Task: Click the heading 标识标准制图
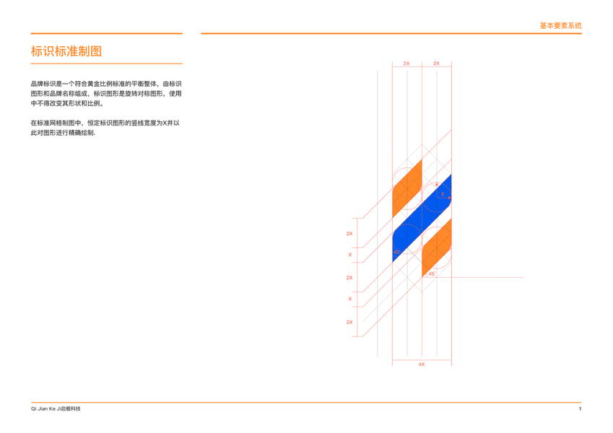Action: [66, 51]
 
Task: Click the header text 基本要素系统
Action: [560, 26]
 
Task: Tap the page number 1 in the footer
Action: [580, 409]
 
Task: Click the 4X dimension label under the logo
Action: [422, 364]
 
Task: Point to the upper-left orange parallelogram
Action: [407, 190]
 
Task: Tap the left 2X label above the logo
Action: [407, 64]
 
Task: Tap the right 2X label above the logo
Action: [436, 64]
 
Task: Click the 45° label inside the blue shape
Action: [396, 252]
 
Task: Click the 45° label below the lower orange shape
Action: [431, 274]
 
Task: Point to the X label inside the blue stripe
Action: [443, 193]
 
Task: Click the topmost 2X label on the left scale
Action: [349, 234]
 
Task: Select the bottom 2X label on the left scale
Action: [349, 322]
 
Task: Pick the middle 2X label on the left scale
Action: [349, 278]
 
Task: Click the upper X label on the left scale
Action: [350, 255]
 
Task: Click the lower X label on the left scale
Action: [350, 299]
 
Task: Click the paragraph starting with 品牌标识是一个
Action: [105, 94]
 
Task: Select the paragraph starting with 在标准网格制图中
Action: [105, 128]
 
